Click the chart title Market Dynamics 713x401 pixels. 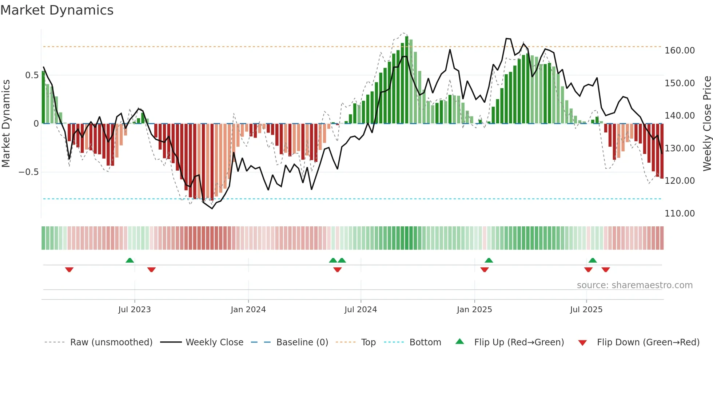coord(57,10)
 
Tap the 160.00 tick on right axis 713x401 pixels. coord(680,51)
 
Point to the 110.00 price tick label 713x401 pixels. coord(680,214)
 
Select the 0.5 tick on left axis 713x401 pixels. coord(32,75)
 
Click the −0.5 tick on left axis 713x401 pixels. coord(29,172)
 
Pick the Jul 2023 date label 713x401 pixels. coord(134,310)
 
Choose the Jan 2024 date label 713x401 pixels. coord(248,310)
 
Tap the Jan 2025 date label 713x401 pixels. coord(474,310)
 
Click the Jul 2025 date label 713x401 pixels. coord(586,310)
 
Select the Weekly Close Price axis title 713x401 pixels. coord(707,123)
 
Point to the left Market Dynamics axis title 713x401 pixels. coord(6,123)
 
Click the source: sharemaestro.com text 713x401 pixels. coord(634,285)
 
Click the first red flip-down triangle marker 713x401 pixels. coord(69,269)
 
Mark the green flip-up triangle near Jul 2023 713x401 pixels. coord(130,260)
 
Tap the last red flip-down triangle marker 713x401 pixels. coord(605,269)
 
